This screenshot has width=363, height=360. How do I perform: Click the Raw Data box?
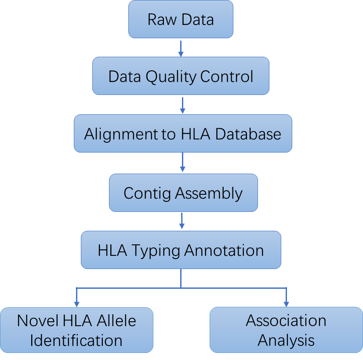[181, 19]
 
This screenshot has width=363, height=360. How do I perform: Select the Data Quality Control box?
[181, 76]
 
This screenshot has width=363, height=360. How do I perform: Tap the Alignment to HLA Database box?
[182, 134]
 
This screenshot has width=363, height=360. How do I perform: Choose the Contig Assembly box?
[183, 193]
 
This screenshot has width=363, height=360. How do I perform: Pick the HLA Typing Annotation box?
[181, 250]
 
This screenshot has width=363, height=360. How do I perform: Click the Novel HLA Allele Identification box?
[76, 330]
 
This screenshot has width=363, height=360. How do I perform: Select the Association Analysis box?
[286, 330]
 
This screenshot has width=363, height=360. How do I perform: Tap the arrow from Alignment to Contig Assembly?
[182, 163]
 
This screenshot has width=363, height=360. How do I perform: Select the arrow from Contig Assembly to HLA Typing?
[181, 221]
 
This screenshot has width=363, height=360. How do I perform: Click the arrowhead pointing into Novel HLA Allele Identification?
[76, 303]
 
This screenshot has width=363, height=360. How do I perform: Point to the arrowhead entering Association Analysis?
[286, 303]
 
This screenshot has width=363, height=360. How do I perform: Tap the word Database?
[248, 134]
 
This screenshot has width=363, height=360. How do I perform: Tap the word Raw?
[159, 19]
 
